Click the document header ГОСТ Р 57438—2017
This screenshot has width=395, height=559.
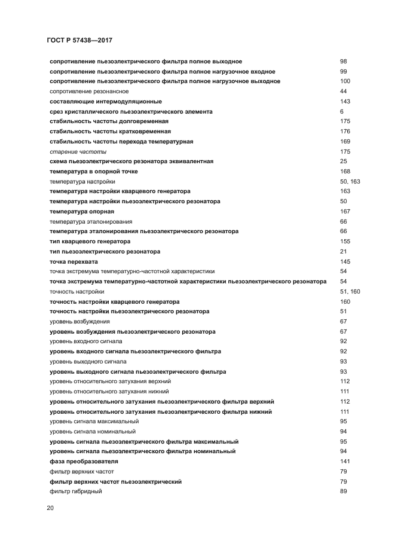79,40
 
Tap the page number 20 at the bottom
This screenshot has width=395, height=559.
50,508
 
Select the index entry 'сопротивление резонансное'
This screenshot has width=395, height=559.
89,91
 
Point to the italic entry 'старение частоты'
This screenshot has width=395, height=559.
74,152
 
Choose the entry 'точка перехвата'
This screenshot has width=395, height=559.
74,262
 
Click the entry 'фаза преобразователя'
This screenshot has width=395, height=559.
84,462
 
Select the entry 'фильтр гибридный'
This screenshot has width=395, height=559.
76,491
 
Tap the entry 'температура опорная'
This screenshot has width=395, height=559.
82,212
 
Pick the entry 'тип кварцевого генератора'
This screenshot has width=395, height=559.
90,242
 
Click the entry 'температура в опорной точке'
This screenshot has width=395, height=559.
94,172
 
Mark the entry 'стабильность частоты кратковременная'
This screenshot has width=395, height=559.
110,132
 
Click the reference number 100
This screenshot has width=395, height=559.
345,81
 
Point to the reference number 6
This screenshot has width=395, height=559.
341,112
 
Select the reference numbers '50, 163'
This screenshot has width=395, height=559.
350,182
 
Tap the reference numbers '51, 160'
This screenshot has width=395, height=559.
350,292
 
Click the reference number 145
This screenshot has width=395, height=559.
345,262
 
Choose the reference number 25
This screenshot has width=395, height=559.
343,161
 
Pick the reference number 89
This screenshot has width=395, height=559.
343,491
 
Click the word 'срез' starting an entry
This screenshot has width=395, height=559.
56,112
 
